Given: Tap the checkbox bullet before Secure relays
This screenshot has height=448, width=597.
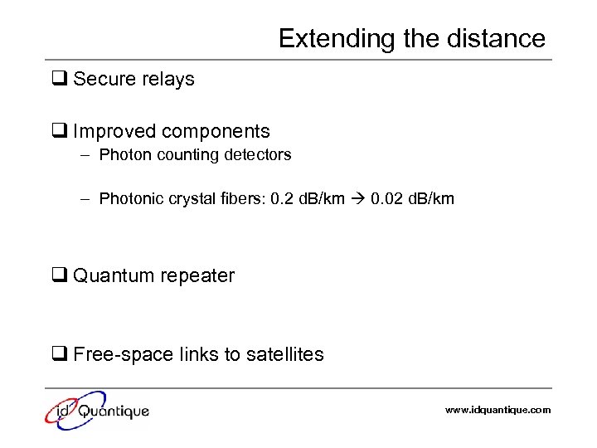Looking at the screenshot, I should pos(59,80).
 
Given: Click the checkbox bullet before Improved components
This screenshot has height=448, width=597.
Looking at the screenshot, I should pos(59,132).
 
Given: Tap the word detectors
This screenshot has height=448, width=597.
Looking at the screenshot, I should pos(256,155).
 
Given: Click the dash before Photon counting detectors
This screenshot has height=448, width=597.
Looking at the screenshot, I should pos(85,155).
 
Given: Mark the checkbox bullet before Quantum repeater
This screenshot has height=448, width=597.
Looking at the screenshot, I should pos(59,276).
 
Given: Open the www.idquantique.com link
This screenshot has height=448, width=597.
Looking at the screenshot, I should pos(498,410).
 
